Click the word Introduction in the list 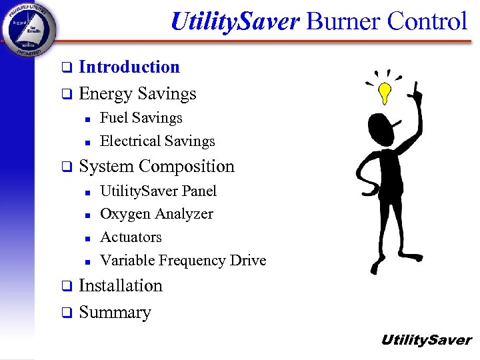[x=129, y=67]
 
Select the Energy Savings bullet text [x=137, y=94]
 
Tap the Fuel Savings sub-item [x=141, y=118]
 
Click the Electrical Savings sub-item [x=157, y=141]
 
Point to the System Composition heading [x=157, y=166]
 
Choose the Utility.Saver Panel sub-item [x=158, y=191]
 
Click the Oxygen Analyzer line [x=157, y=214]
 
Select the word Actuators [x=131, y=237]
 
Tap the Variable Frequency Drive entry [x=183, y=261]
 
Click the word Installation [x=121, y=285]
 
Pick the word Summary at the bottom [x=115, y=312]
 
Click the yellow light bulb [x=385, y=93]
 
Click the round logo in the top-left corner [x=29, y=28]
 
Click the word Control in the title [x=427, y=21]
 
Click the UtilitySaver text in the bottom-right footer [x=425, y=340]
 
